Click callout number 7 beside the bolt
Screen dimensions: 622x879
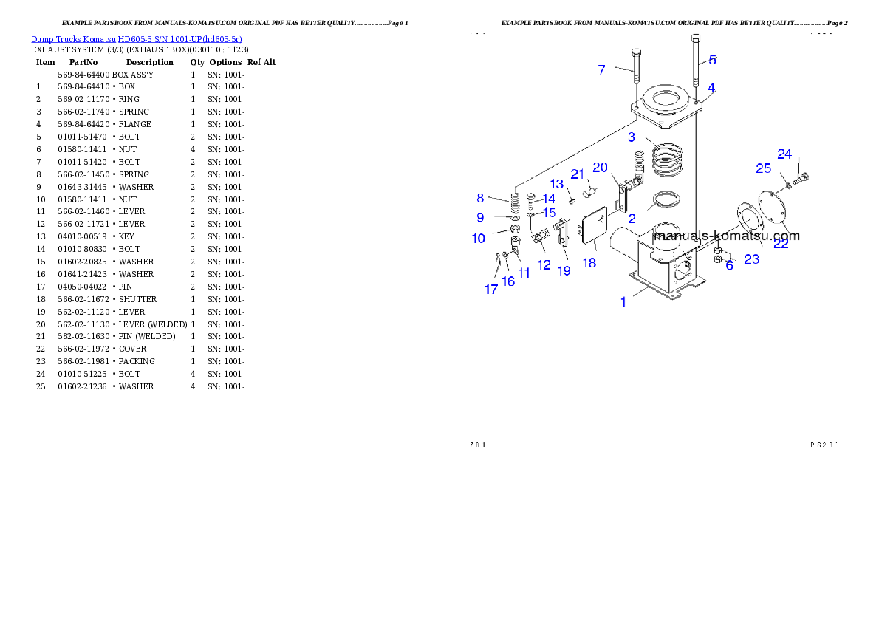pos(602,70)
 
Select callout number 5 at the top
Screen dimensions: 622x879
pos(712,60)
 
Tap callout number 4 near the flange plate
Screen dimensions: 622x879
pos(711,88)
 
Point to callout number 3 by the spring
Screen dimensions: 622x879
pos(632,137)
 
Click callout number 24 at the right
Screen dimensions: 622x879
pos(784,154)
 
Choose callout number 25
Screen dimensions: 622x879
pos(763,169)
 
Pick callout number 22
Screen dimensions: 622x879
pos(781,244)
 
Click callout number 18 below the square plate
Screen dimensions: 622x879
pos(589,262)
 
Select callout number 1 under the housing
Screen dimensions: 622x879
pos(623,301)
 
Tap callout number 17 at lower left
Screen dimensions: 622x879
pos(491,290)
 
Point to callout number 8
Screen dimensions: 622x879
pos(480,198)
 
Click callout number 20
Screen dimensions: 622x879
pos(600,168)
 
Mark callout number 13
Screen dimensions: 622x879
pos(557,184)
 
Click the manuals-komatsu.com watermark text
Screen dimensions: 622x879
pos(727,237)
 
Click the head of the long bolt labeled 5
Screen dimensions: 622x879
pos(695,38)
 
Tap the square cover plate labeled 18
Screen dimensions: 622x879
pos(595,225)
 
